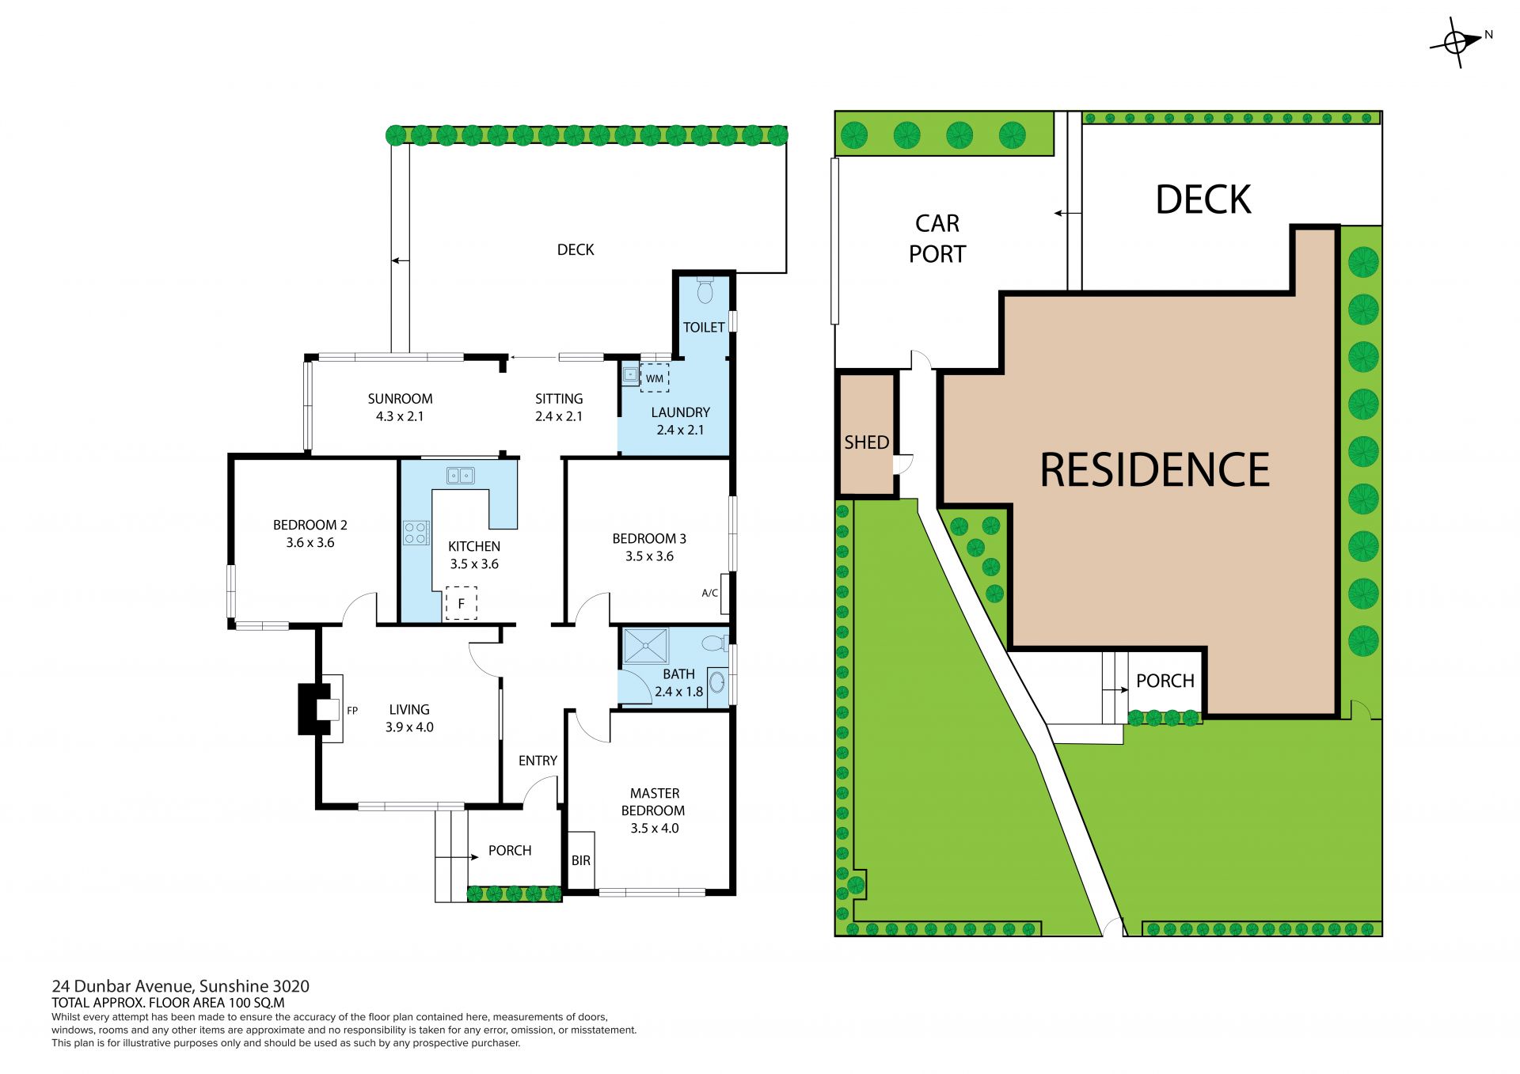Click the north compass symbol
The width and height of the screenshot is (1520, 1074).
[1457, 41]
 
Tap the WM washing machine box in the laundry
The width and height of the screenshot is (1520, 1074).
[655, 378]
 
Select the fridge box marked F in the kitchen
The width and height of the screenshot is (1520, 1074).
[462, 603]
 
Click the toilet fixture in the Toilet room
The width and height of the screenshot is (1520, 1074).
[705, 290]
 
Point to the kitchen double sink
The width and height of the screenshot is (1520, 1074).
[460, 476]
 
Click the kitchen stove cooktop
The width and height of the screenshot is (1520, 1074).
[416, 533]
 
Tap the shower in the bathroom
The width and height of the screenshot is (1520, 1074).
[645, 646]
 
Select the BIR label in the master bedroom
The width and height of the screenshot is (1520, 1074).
[581, 860]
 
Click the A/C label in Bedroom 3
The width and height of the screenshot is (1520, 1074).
[710, 593]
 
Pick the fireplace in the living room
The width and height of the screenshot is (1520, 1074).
[320, 708]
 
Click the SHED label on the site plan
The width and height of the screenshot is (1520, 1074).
[867, 442]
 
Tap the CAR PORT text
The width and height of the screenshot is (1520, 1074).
[937, 238]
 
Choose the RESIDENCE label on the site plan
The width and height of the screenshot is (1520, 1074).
[1155, 470]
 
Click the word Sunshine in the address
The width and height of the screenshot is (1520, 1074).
[234, 986]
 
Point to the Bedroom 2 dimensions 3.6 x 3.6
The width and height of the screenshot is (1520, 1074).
[310, 543]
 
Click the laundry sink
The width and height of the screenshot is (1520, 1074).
[630, 374]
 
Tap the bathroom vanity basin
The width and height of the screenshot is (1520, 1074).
[717, 681]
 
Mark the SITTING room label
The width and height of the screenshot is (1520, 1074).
[559, 399]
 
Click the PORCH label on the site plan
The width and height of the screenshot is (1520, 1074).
[1165, 681]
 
